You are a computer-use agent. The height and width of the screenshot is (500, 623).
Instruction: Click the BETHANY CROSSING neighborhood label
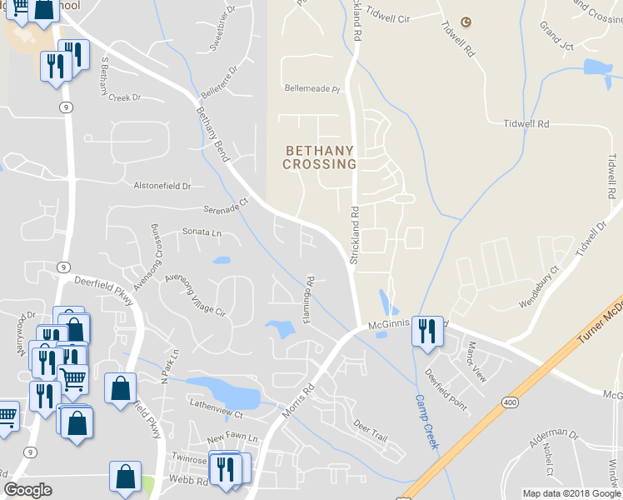point(320,157)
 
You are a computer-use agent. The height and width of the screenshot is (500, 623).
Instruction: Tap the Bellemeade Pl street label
point(313,88)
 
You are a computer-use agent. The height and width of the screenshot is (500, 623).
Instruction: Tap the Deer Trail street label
point(371,432)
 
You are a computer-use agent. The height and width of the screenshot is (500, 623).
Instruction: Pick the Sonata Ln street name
point(202,233)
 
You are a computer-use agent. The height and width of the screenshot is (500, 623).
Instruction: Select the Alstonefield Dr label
point(162,185)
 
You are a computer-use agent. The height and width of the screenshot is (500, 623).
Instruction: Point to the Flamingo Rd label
point(310,302)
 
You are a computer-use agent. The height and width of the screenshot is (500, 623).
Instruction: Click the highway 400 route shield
point(507,402)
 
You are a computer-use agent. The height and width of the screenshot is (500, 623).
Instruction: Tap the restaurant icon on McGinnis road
point(426,331)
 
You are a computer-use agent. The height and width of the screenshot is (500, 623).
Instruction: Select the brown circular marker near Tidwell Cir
point(466,22)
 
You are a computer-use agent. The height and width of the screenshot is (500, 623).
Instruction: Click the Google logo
point(27,490)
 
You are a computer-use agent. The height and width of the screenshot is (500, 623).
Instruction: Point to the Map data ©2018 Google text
point(572,493)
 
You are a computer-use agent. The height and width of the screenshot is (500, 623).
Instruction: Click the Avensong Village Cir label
point(195,295)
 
